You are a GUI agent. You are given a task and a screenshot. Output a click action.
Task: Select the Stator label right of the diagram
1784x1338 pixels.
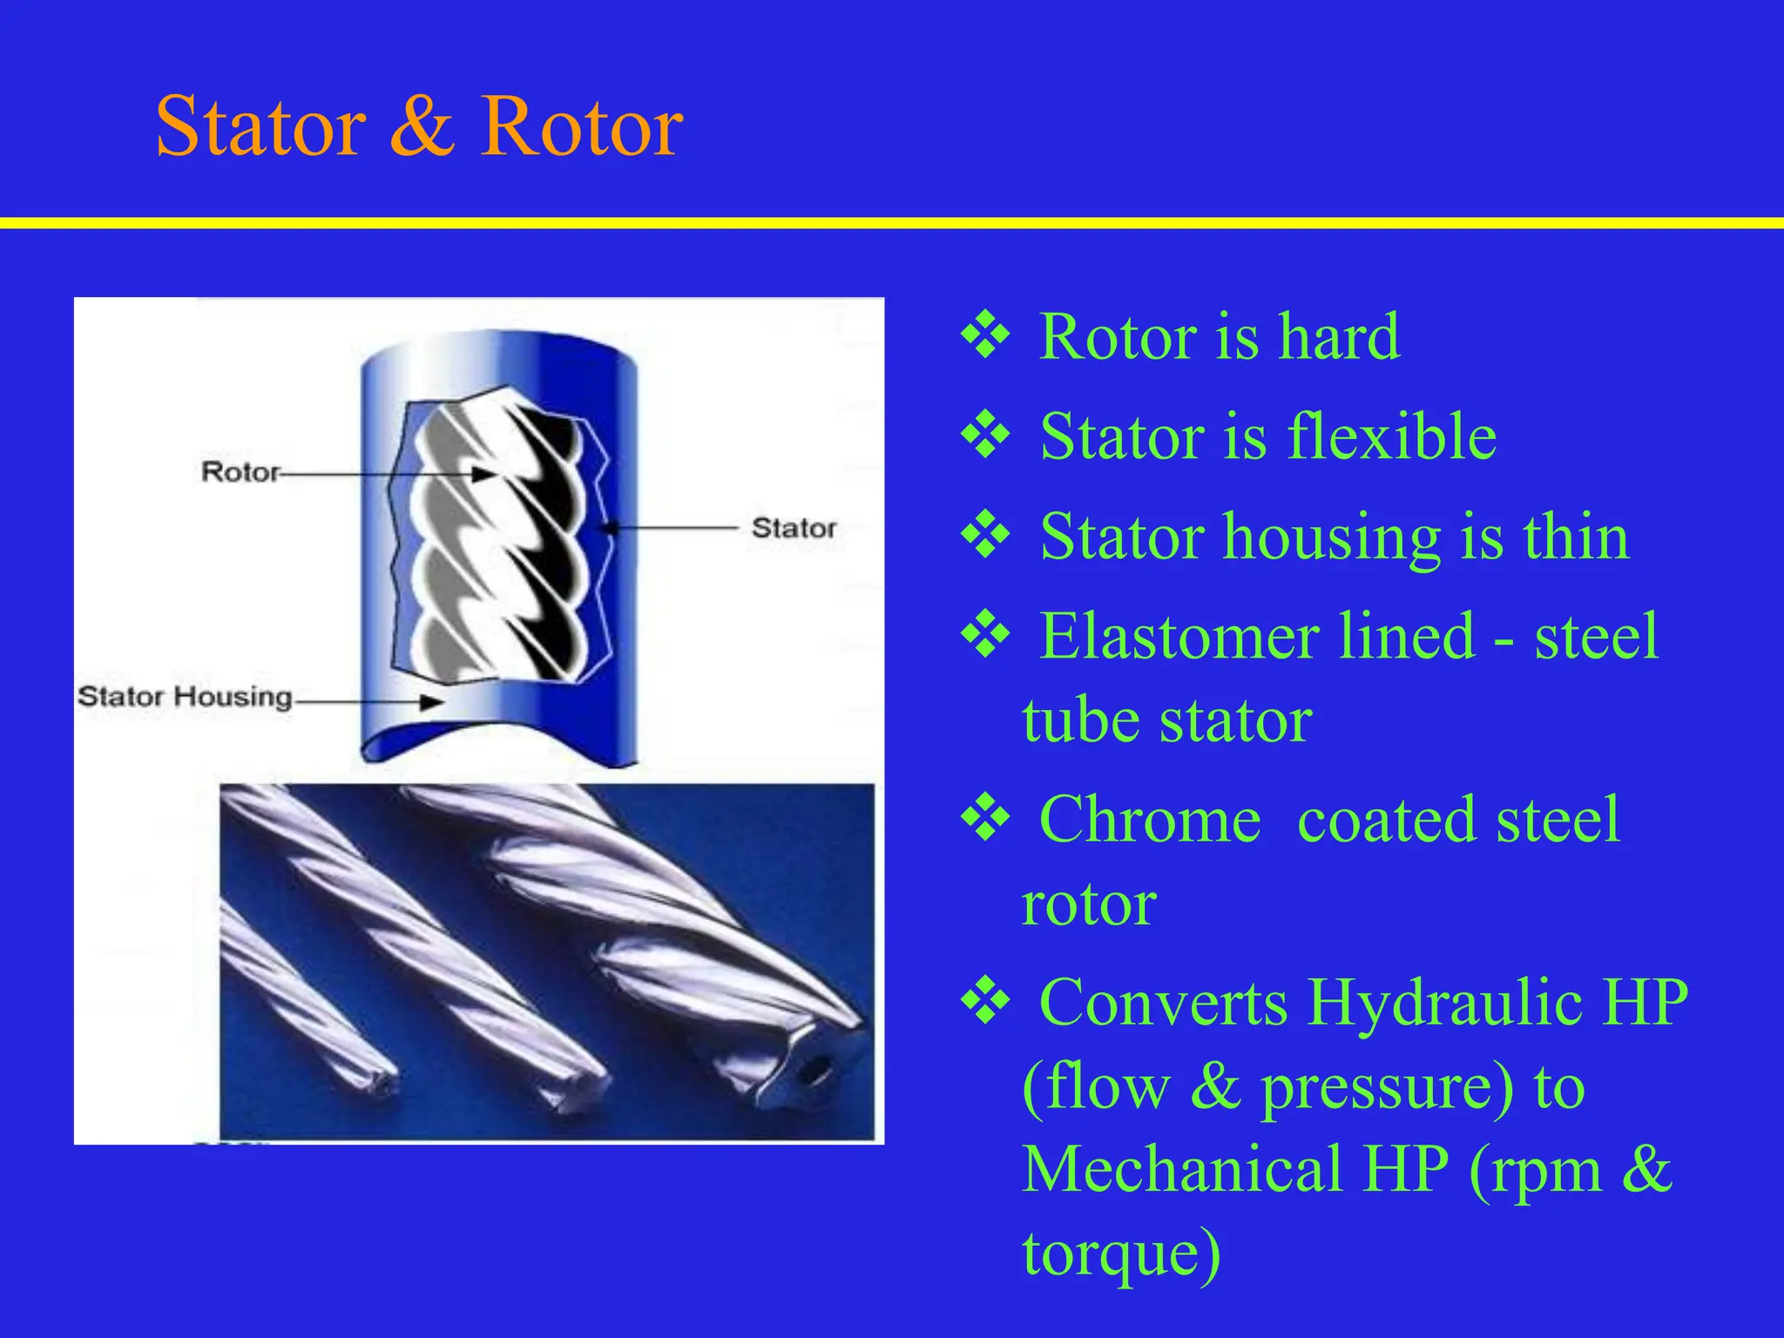(x=794, y=528)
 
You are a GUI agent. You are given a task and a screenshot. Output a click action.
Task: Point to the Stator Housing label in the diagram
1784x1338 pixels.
(x=185, y=697)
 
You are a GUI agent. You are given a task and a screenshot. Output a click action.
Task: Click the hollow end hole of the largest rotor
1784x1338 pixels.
(x=814, y=1069)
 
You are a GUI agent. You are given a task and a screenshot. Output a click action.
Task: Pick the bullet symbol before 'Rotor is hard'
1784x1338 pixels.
(x=985, y=335)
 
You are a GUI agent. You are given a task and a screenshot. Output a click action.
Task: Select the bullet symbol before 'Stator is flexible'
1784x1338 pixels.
(x=985, y=436)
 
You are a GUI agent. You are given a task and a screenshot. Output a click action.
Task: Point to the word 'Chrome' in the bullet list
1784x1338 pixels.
(x=1150, y=821)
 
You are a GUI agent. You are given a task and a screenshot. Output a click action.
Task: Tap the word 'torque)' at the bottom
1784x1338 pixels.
(x=1122, y=1254)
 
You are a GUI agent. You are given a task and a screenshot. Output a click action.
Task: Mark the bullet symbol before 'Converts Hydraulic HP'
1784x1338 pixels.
(x=985, y=1002)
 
